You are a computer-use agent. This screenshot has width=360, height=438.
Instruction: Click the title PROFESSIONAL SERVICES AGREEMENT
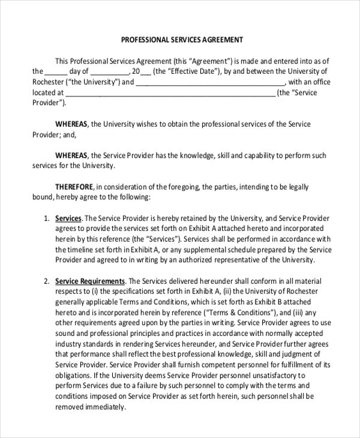182,40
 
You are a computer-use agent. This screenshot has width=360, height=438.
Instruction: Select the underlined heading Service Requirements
90,281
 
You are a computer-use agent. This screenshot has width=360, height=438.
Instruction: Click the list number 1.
46,218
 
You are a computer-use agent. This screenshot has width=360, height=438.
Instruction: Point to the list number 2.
46,281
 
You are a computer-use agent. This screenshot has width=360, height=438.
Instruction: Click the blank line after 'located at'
170,93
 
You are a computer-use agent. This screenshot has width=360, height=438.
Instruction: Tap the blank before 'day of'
55,71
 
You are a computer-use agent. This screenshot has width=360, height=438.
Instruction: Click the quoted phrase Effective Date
187,71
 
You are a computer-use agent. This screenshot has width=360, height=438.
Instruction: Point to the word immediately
107,406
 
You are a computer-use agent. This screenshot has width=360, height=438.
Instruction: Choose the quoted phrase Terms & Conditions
239,312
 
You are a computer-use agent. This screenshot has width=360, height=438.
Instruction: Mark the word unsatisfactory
270,375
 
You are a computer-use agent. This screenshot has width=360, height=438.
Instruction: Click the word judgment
301,354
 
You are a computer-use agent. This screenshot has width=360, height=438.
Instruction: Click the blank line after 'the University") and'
211,82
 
